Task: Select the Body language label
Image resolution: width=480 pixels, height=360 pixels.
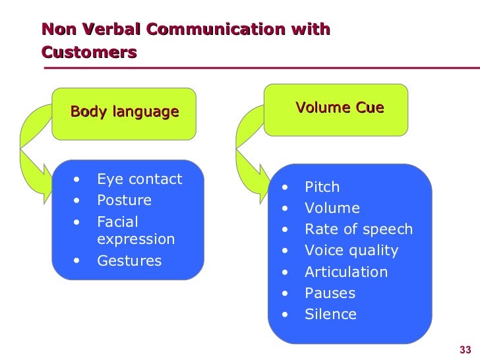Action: (x=125, y=111)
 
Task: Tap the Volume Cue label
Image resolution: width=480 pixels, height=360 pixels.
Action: (x=340, y=107)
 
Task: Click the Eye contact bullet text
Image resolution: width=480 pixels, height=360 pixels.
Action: (x=139, y=179)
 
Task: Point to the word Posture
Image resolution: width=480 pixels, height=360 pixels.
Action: (x=124, y=200)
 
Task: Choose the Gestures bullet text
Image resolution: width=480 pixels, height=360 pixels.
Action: (x=129, y=260)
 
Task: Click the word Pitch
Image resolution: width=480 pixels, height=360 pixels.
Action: (x=322, y=187)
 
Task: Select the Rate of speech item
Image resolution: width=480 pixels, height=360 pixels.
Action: (x=358, y=229)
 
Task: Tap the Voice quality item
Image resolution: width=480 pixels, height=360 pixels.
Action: (x=351, y=251)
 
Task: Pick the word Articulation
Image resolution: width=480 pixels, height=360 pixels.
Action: (x=346, y=272)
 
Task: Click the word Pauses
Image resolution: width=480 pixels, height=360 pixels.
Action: (x=330, y=293)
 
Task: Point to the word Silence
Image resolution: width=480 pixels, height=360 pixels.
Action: (x=330, y=314)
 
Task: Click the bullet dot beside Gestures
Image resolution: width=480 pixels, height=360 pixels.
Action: (x=78, y=260)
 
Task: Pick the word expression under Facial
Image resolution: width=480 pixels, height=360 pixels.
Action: (x=136, y=239)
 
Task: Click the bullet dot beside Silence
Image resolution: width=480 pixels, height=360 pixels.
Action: (x=284, y=315)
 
